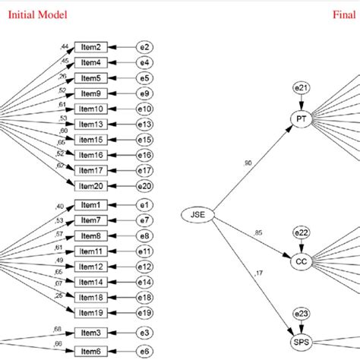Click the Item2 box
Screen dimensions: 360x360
(x=91, y=46)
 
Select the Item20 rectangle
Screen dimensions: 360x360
(x=91, y=186)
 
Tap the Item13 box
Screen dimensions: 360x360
(x=91, y=124)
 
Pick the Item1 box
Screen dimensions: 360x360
(x=91, y=205)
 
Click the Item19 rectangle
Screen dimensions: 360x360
(x=91, y=312)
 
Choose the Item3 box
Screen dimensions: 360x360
(x=91, y=333)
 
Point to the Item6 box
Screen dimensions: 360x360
(x=91, y=351)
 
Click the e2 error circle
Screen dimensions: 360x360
(x=144, y=46)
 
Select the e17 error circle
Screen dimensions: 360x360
(x=144, y=171)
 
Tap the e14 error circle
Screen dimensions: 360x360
(x=144, y=282)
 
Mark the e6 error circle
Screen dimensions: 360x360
(x=144, y=351)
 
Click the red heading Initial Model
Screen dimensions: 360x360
(x=38, y=14)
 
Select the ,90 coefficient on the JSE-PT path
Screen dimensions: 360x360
(x=248, y=163)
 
